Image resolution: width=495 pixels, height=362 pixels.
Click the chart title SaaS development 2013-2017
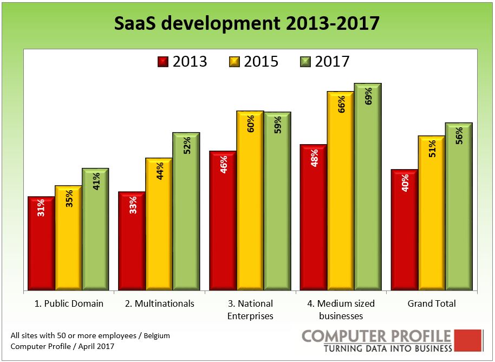[247, 24]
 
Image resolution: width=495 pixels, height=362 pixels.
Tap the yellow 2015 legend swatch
[235, 61]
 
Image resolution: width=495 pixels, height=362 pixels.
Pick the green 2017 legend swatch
[306, 61]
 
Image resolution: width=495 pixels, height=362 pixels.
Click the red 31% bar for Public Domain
[41, 244]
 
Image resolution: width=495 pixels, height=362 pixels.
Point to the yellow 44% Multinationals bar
[159, 224]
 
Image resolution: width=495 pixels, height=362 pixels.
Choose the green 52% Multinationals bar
[186, 211]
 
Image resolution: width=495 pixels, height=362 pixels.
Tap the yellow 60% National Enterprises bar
[250, 201]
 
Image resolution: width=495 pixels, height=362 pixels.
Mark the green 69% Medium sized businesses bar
[368, 187]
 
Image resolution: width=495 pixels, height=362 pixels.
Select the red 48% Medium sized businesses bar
[314, 217]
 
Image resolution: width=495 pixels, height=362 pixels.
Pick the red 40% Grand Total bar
[404, 230]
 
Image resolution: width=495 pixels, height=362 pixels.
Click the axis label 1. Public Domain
[68, 303]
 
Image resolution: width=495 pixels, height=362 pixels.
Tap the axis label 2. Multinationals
[159, 303]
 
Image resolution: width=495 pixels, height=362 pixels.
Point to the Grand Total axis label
[432, 303]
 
